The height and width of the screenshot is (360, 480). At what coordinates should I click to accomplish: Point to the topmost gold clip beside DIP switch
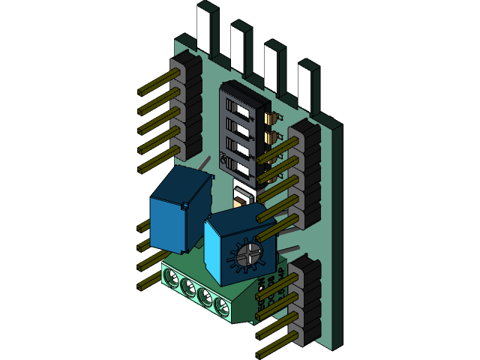(x=271, y=117)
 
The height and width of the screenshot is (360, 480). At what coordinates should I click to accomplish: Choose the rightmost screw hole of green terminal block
(x=222, y=305)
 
